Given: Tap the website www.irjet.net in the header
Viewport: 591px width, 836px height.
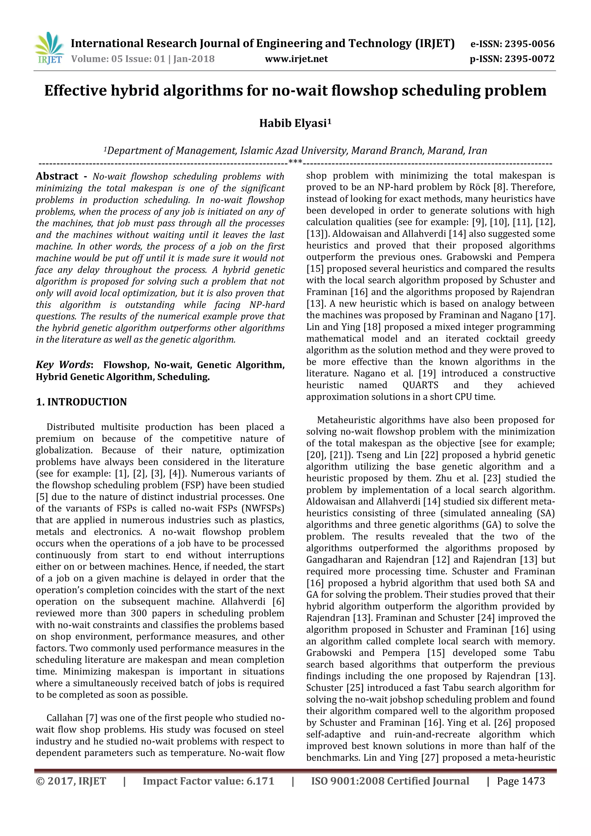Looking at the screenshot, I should [x=296, y=59].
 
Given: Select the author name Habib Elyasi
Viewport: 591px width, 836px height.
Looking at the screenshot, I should [x=295, y=124].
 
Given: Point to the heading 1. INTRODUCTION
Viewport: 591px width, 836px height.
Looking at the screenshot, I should [x=81, y=402].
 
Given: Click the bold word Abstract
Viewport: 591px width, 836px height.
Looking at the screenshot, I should [x=57, y=176].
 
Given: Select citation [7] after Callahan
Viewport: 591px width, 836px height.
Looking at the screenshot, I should [x=91, y=718].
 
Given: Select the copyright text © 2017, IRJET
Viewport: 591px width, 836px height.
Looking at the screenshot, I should [x=71, y=781].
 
